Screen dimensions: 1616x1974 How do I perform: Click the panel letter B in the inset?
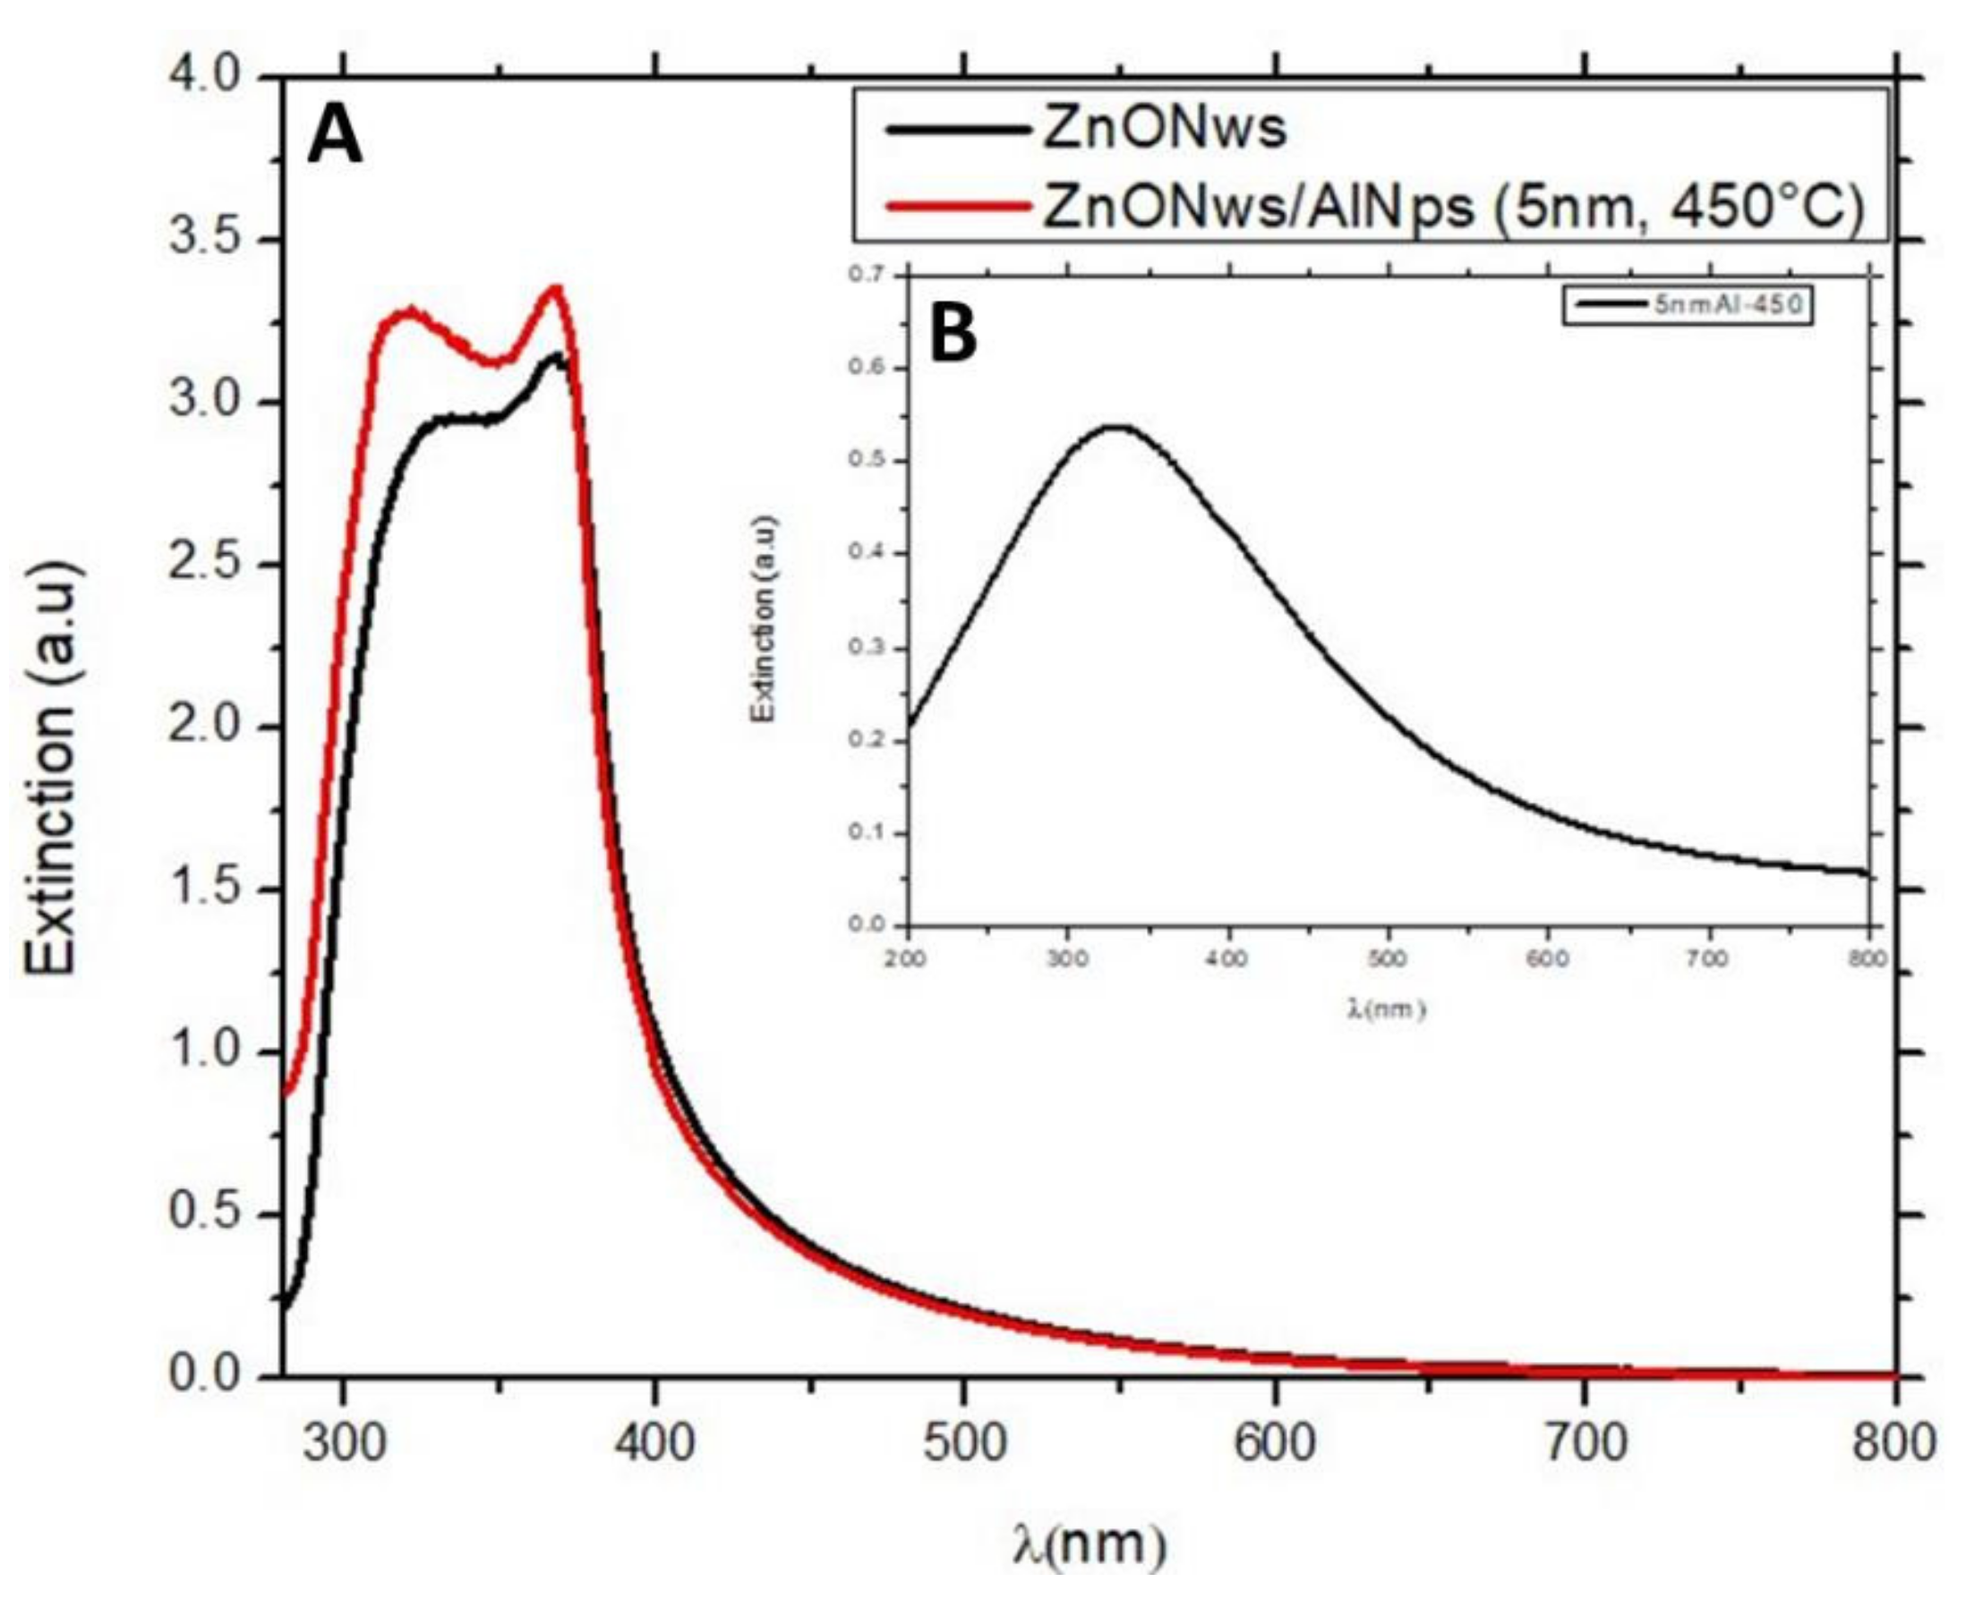(953, 336)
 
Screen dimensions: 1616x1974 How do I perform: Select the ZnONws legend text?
(1164, 129)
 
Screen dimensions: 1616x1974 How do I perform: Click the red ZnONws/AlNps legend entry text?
(1453, 207)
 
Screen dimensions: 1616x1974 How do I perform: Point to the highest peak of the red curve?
(557, 288)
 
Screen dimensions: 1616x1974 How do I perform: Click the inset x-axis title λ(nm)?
(1386, 1008)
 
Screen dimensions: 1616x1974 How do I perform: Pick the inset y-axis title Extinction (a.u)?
(764, 619)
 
